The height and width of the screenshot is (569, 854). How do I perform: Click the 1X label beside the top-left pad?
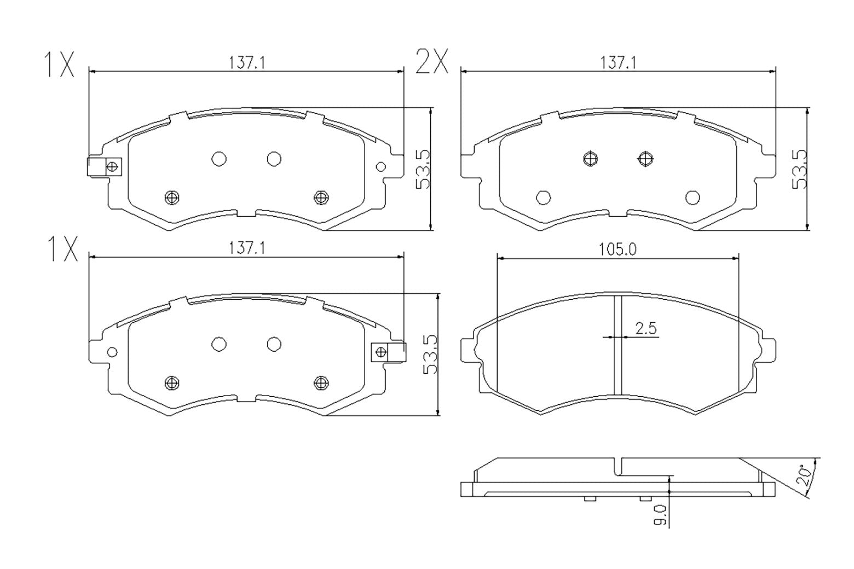59,65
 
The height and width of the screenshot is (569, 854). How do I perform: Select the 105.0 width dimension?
617,249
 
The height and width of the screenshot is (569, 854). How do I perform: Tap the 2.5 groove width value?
645,328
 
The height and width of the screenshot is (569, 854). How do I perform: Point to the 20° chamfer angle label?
804,474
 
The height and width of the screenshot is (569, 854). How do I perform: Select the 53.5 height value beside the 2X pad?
800,169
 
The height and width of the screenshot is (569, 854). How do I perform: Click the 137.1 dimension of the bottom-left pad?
246,248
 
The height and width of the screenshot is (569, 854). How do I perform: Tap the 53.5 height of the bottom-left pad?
430,355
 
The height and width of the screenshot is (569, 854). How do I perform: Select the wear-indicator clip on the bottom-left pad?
388,352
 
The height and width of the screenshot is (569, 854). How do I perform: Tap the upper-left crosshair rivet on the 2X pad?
590,159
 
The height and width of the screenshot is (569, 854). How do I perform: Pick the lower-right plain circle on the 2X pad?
693,197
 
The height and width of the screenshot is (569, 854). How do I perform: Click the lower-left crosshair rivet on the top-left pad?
172,197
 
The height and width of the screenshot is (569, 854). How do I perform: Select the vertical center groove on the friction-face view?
618,345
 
